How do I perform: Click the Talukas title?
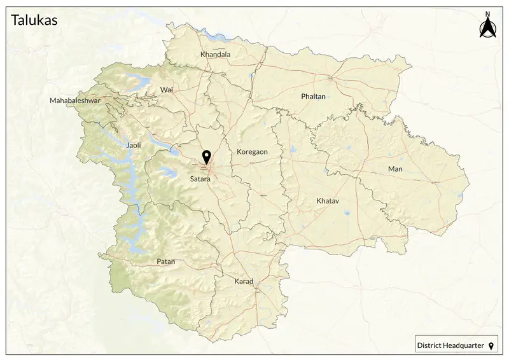click(x=34, y=20)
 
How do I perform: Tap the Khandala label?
click(x=215, y=55)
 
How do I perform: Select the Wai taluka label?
click(x=167, y=90)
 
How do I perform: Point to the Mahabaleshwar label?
click(x=75, y=101)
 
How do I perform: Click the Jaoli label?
click(x=134, y=146)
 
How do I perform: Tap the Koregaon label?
click(x=252, y=152)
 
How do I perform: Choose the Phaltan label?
click(x=312, y=97)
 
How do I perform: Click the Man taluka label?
click(x=395, y=169)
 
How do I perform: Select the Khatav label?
click(x=328, y=201)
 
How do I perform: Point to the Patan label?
click(x=165, y=261)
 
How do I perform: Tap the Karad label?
click(x=244, y=281)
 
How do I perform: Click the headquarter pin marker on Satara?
click(x=206, y=156)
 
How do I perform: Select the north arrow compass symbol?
click(x=487, y=28)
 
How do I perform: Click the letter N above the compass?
click(x=487, y=13)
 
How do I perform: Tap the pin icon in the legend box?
click(x=491, y=346)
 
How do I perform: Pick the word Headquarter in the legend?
click(x=465, y=346)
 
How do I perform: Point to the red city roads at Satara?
click(x=208, y=169)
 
